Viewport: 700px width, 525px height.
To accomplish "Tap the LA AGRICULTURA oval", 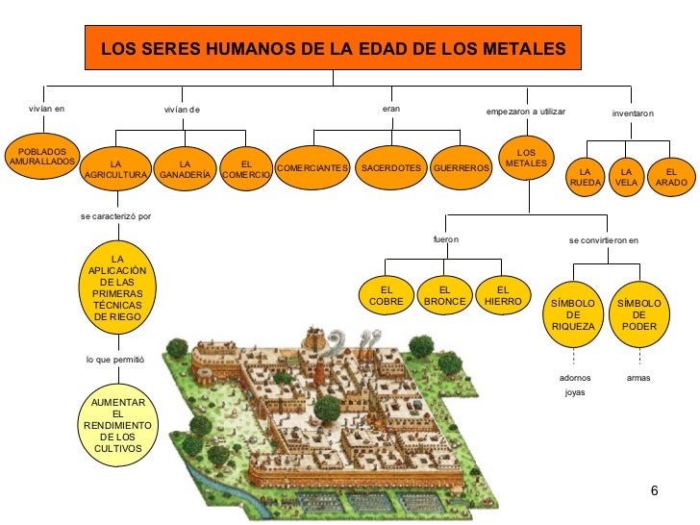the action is (x=116, y=169).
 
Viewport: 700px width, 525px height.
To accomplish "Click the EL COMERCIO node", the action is (x=245, y=169).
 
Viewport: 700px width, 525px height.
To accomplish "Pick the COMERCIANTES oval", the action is (x=312, y=168).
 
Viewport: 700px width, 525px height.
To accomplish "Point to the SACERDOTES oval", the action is (x=389, y=168).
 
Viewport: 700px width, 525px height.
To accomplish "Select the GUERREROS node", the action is (x=462, y=168).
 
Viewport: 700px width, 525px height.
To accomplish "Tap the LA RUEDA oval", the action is (x=586, y=177).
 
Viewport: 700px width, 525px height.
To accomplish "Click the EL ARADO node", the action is (x=671, y=177).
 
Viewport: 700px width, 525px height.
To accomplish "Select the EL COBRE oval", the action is (x=386, y=295).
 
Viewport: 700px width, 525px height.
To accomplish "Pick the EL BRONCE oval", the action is (x=444, y=295).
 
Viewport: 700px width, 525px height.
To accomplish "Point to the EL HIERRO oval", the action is (x=502, y=295).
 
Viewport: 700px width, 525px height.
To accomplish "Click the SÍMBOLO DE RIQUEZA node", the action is (x=573, y=313).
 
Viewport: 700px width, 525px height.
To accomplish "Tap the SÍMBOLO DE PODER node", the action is (x=639, y=313).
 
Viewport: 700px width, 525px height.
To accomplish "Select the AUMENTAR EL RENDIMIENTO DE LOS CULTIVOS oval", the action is (x=117, y=424).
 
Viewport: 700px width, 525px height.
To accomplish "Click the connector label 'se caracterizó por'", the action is (x=116, y=215).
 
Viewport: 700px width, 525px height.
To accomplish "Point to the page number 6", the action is (x=654, y=492).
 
